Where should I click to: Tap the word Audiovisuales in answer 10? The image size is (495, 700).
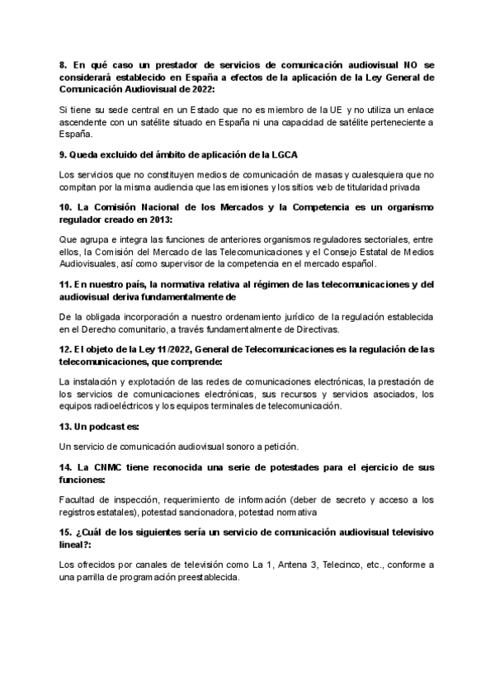click(92, 264)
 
